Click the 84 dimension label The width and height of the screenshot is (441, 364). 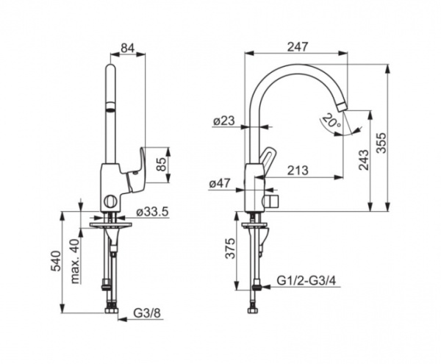128,48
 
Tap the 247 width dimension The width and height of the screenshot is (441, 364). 298,47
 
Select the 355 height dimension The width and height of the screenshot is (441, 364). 381,143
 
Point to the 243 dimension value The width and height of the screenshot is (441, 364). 365,160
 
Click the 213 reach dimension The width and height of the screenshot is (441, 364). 298,170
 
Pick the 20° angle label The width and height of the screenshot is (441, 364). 332,120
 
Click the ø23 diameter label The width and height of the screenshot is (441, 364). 223,121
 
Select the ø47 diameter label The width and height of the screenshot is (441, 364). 220,184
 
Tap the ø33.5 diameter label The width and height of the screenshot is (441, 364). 152,211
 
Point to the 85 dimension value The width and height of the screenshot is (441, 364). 161,164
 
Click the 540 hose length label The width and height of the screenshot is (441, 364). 56,261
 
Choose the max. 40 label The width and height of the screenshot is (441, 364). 74,261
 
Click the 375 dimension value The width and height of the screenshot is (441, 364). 230,249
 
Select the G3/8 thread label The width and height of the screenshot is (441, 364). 148,313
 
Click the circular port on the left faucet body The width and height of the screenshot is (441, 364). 110,202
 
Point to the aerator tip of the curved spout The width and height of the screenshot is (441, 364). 343,107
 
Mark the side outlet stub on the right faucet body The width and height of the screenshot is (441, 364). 271,201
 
